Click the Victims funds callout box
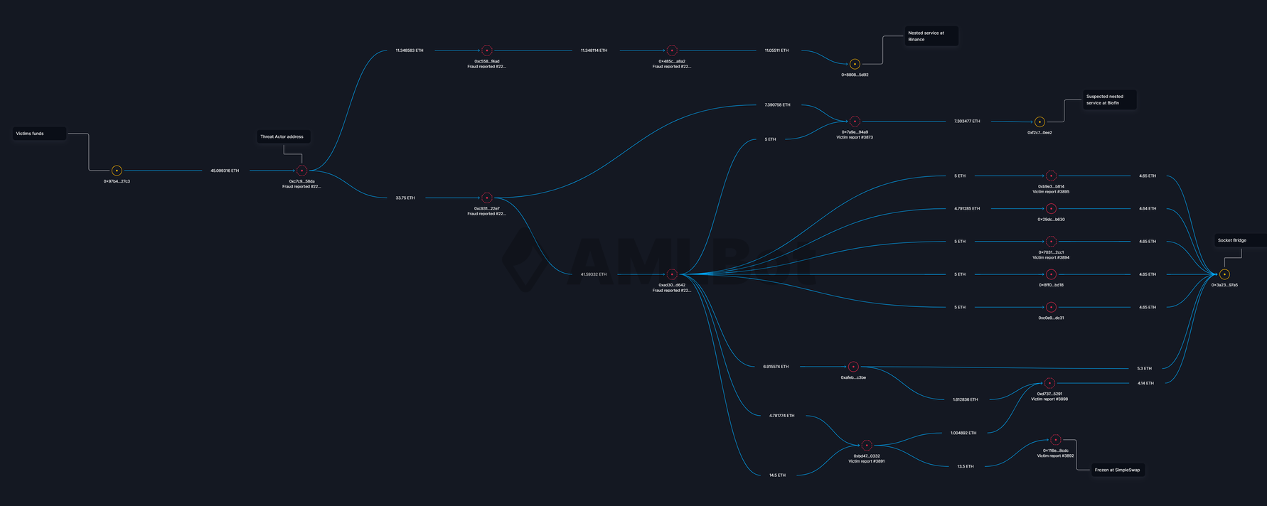coord(40,134)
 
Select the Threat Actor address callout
coord(283,136)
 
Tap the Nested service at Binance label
coord(931,36)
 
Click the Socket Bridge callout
coord(1239,240)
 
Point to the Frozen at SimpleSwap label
coord(1117,470)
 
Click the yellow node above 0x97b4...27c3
coord(117,171)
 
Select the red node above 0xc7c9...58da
coord(301,171)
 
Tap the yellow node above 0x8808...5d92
coord(855,64)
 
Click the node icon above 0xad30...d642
coord(672,274)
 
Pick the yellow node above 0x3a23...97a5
coord(1224,274)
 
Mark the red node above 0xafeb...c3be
coord(853,367)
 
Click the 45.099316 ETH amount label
coord(225,171)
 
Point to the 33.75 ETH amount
coord(405,198)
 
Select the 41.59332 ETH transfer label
coord(594,274)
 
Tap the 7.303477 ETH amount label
coord(967,122)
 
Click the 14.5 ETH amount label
coord(777,475)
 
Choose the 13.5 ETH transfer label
coord(965,466)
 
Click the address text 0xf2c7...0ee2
coord(1039,132)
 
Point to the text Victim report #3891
coord(866,461)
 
